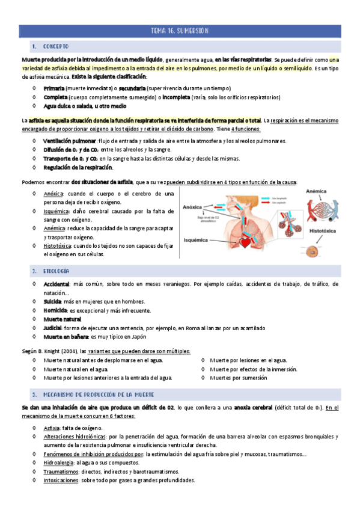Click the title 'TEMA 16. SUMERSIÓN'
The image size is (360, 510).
point(180,31)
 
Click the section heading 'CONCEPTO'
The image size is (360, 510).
point(55,46)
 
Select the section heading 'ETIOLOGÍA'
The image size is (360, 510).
point(56,272)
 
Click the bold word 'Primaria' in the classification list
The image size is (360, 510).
point(55,88)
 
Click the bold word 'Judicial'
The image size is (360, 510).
point(53,328)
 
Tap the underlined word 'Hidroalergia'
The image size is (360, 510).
point(58,463)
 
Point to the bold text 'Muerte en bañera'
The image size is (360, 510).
point(66,337)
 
